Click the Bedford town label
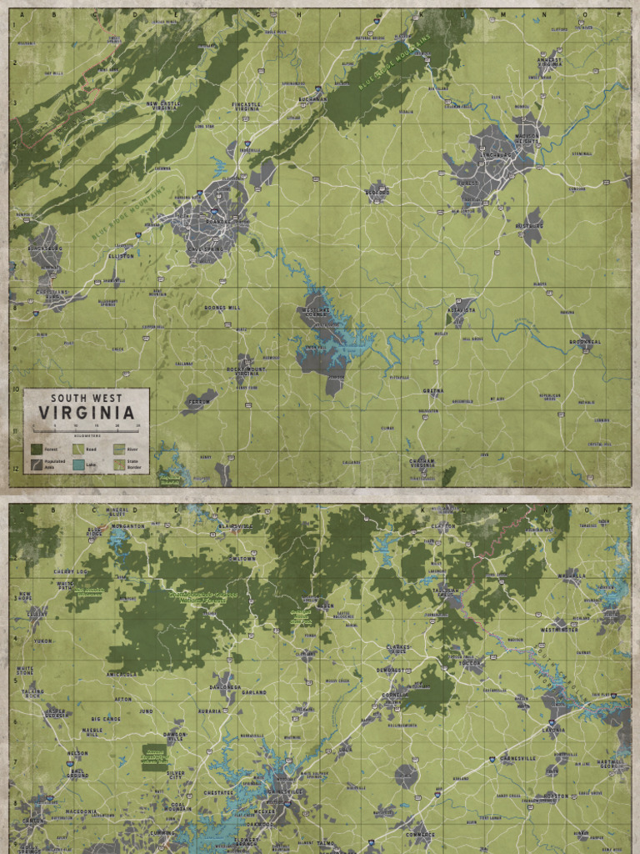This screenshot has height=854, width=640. (x=377, y=192)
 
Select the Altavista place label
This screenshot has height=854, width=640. (x=461, y=309)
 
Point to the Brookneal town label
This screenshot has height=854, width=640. (x=584, y=342)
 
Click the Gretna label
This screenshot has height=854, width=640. (x=432, y=390)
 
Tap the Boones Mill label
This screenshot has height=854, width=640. (x=222, y=308)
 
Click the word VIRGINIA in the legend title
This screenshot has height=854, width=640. (x=87, y=413)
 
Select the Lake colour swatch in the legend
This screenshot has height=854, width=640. (x=77, y=465)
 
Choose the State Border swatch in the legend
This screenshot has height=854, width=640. (x=118, y=465)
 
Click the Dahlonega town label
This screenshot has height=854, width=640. (x=224, y=686)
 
